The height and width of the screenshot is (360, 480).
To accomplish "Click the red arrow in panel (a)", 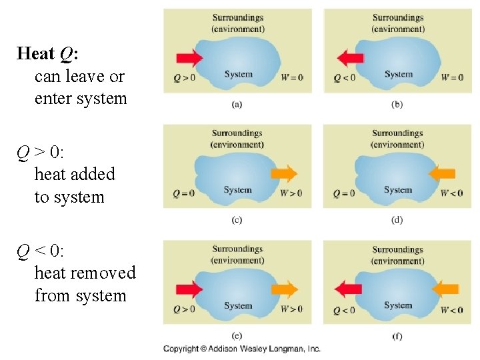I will click(x=190, y=58).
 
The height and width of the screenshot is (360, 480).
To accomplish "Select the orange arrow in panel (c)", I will click(x=285, y=174).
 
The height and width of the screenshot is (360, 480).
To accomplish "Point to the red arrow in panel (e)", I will click(x=190, y=289).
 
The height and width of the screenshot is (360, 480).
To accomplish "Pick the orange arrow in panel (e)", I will click(x=285, y=289).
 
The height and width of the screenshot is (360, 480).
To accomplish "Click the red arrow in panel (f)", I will click(x=348, y=289).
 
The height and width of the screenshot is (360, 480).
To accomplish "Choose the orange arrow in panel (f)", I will click(x=445, y=289).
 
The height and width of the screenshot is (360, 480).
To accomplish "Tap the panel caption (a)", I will click(x=237, y=104).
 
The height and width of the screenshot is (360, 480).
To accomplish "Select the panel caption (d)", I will click(x=397, y=220).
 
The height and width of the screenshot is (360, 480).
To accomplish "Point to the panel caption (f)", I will click(x=397, y=336).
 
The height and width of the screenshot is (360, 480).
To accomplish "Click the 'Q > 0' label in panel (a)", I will click(x=184, y=77).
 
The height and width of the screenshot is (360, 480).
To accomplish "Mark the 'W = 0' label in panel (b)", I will click(x=452, y=77).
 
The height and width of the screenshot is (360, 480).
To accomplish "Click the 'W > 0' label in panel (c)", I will click(x=291, y=193).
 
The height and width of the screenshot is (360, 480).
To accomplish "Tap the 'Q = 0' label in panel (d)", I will click(x=344, y=193).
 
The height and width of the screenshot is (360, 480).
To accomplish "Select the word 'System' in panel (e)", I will click(x=238, y=306).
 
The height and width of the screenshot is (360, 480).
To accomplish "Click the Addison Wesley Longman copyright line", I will click(x=242, y=349).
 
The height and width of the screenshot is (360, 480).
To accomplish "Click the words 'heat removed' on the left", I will click(x=85, y=273).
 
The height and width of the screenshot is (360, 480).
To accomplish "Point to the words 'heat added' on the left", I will click(x=75, y=174).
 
